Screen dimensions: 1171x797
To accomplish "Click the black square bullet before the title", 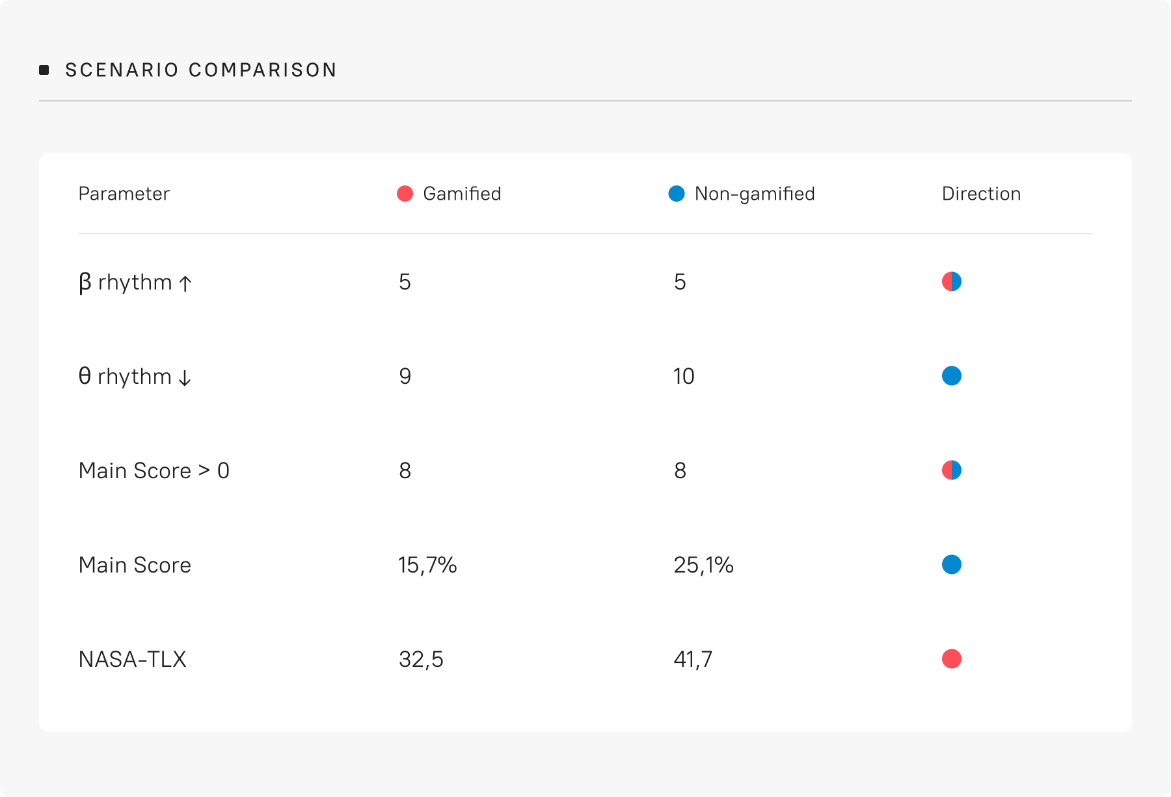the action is point(44,70).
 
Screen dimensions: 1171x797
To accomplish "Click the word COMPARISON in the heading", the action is point(263,70).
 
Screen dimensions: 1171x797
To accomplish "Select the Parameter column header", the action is point(124,194).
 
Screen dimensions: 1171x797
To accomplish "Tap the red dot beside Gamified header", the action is point(405,193).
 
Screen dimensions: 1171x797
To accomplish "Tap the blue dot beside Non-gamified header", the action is point(677,193).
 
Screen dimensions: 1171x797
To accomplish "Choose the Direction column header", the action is point(981,194).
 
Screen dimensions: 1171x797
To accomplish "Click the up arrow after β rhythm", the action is point(185,284).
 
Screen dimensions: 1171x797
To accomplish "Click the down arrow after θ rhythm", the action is point(185,378).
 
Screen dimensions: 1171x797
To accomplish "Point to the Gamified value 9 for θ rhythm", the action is point(405,376).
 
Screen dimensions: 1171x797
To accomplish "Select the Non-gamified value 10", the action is point(684,376).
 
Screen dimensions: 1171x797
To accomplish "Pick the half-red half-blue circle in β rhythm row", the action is point(952,282).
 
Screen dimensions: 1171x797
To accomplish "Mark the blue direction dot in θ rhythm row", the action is point(952,376).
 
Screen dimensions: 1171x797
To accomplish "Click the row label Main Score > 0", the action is point(154,470).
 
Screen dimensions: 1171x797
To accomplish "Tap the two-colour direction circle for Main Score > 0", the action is point(952,470).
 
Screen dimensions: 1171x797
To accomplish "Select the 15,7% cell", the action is point(427,565).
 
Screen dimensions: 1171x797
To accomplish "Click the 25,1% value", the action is point(703,565).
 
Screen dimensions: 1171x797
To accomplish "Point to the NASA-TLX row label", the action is point(132,659).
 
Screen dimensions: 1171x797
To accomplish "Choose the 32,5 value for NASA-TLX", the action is point(421,659).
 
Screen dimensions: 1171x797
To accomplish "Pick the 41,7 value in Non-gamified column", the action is point(693,659).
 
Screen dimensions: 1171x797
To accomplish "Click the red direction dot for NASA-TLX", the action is point(952,659).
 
